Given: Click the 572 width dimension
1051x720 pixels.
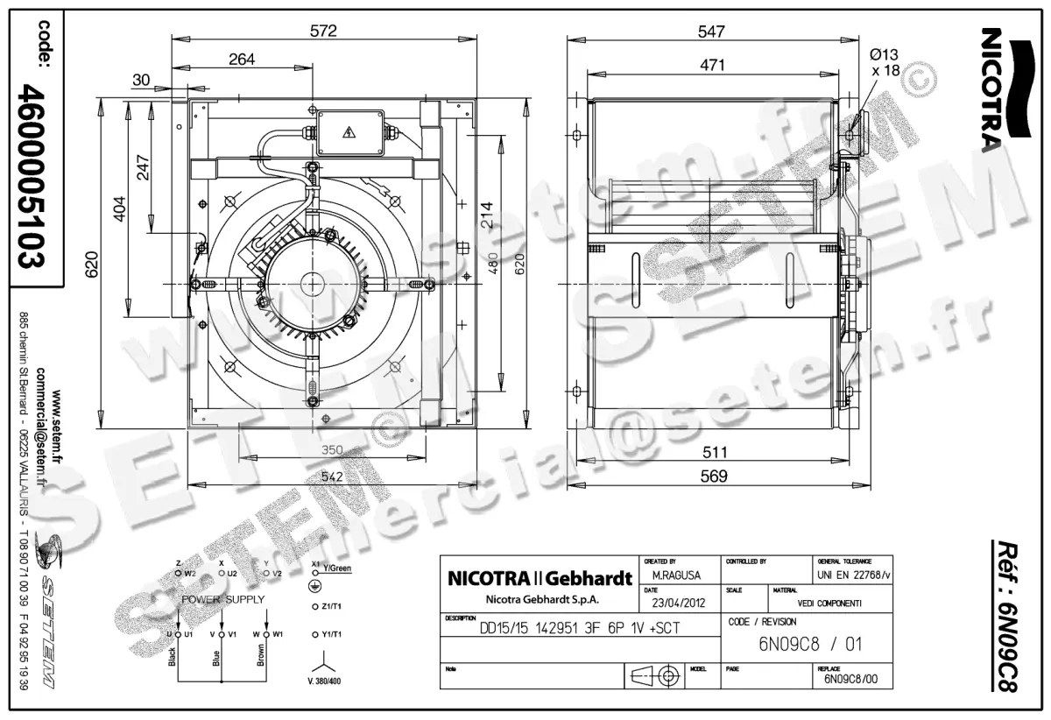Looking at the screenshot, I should pos(324,31).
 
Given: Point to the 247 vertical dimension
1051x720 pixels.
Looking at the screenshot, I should pos(144,166).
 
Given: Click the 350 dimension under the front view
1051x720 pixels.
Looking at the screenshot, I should pos(330,450).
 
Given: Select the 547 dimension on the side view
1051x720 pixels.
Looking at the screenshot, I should pos(711,31).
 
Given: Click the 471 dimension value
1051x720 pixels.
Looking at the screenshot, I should pos(710,64).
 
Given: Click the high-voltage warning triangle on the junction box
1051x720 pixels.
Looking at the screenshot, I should pos(349,133).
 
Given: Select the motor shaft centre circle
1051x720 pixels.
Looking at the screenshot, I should pos(311,284).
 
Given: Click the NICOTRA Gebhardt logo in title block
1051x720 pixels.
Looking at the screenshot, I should pos(540,579).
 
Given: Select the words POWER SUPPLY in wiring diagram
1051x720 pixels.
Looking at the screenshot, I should pos(222,599).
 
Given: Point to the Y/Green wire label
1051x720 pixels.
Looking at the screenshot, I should pos(337,568).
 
